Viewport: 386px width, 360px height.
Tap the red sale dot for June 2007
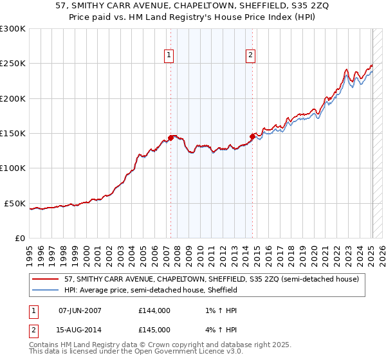pyautogui.click(x=170, y=137)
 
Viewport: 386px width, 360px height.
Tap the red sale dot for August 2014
pyautogui.click(x=252, y=136)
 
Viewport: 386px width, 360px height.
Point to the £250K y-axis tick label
pyautogui.click(x=13, y=64)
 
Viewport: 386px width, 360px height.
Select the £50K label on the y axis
pyautogui.click(x=15, y=203)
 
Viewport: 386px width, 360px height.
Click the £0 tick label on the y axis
pyautogui.click(x=20, y=238)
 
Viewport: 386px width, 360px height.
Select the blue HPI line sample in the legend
pyautogui.click(x=46, y=290)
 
